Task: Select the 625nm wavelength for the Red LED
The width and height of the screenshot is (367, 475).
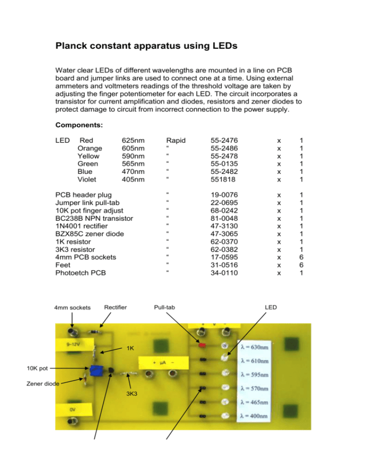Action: [x=133, y=141]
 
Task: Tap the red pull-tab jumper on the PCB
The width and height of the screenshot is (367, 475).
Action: [x=202, y=344]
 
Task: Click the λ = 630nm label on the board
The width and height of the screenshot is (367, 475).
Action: [x=260, y=345]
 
